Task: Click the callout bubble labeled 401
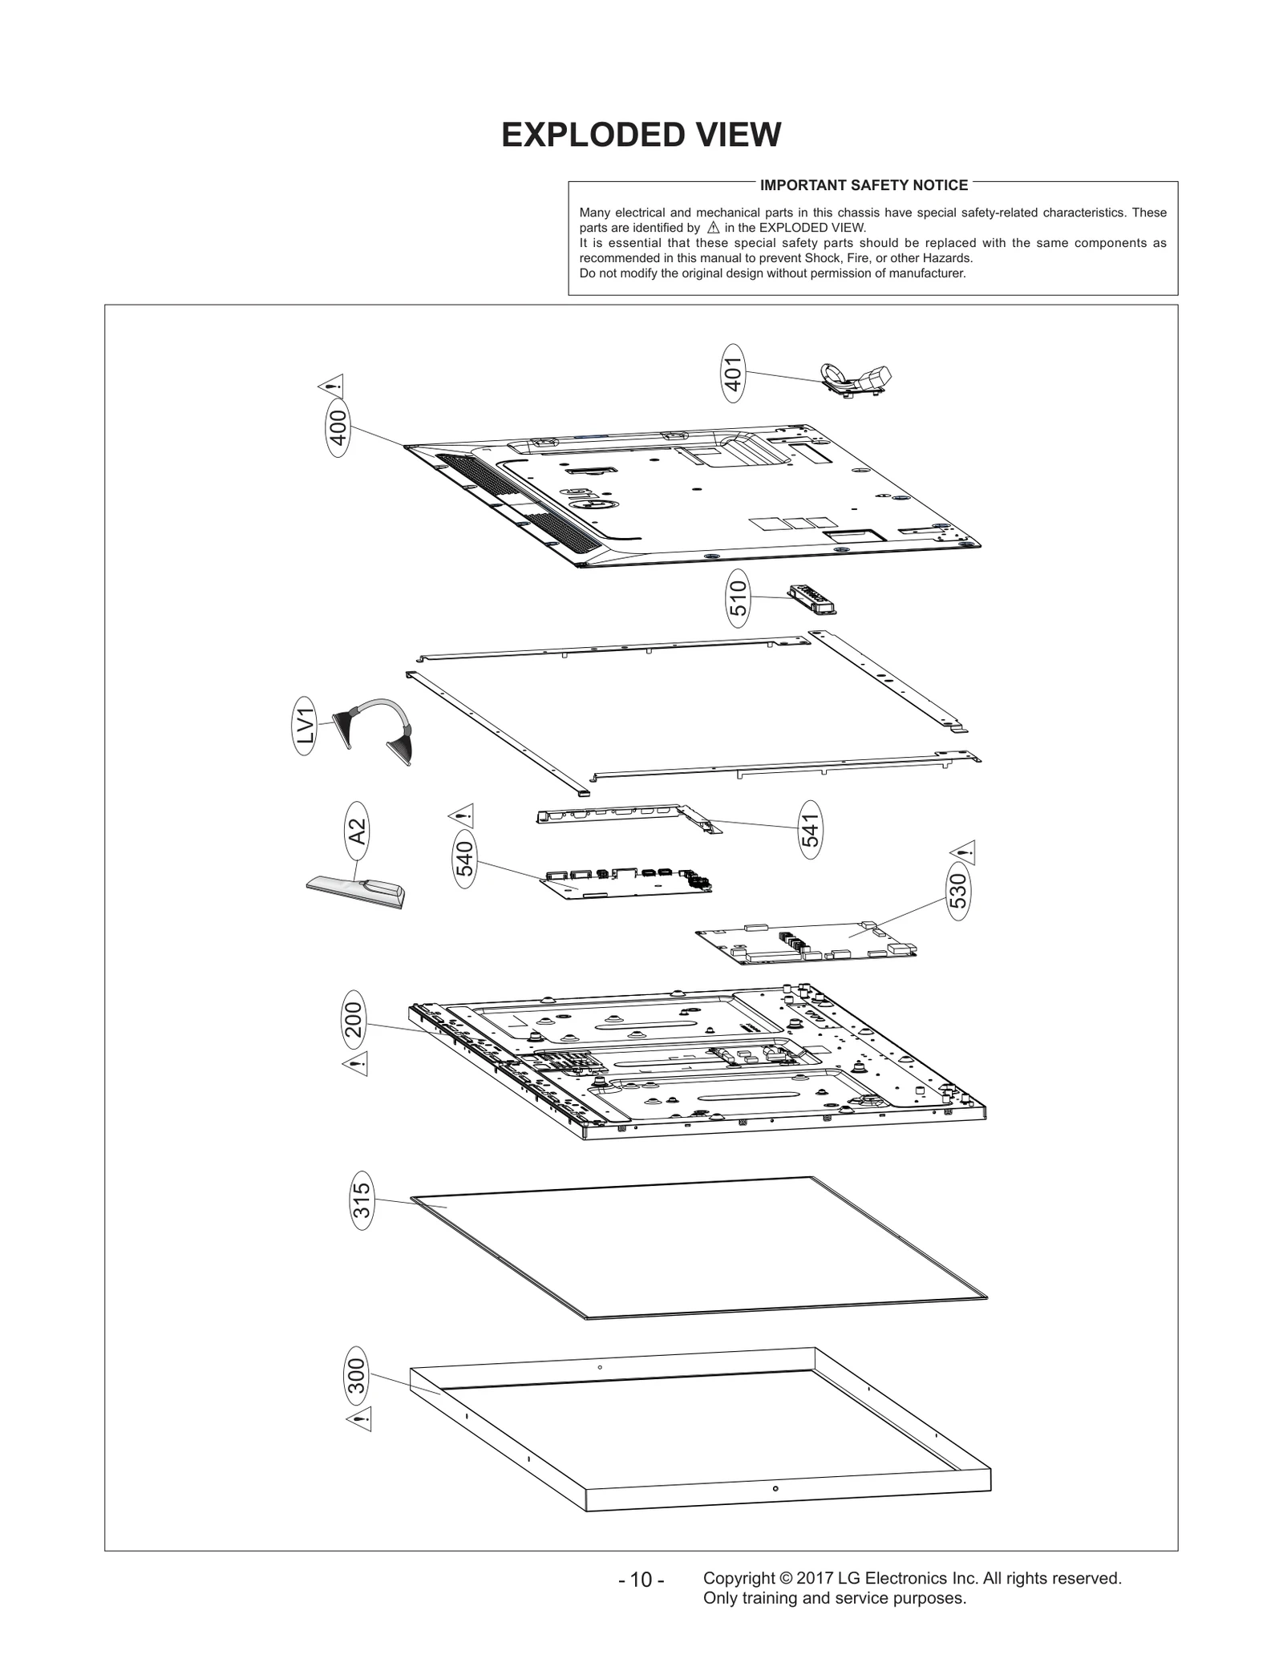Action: (x=733, y=373)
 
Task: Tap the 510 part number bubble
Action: (x=738, y=598)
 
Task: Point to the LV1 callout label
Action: (x=304, y=726)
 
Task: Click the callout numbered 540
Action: (x=465, y=860)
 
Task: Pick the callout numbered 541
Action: (x=811, y=830)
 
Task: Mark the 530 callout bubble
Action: (x=958, y=892)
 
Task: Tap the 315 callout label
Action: (x=362, y=1201)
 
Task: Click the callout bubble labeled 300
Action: (x=356, y=1376)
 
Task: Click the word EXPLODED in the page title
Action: (x=576, y=135)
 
